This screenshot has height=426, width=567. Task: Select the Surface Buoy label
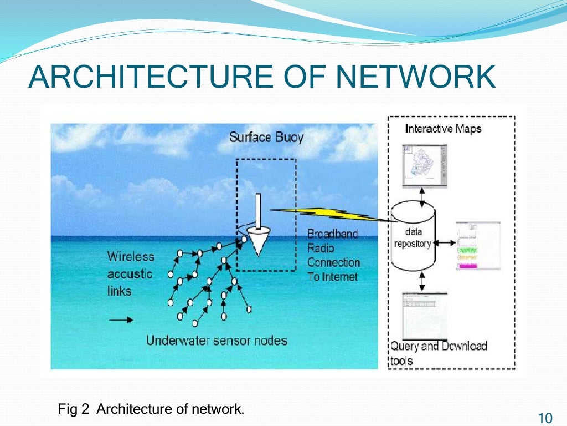coord(267,136)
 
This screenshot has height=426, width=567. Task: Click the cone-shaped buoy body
coord(256,241)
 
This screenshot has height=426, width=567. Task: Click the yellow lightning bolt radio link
coord(327,214)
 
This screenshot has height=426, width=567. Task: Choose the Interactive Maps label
coord(443,129)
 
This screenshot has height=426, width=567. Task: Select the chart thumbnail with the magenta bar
coord(477,246)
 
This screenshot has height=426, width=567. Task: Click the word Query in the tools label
coord(405,346)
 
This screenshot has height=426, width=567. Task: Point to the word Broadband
coord(333,234)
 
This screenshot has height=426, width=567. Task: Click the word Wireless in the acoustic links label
coord(131,257)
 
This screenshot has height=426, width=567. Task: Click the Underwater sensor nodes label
coord(217,340)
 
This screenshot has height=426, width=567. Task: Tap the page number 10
coord(545,417)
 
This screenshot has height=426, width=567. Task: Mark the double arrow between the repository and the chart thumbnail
coord(444,242)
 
